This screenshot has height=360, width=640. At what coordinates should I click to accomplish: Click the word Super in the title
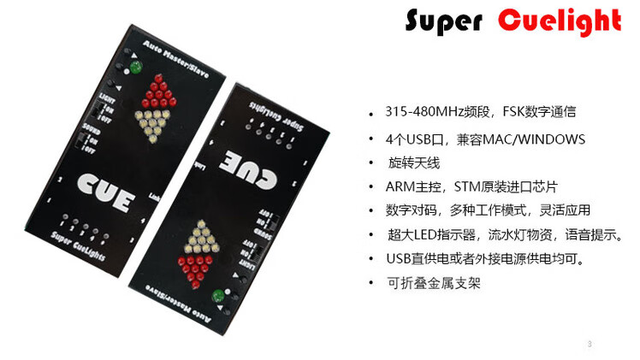[x=439, y=22]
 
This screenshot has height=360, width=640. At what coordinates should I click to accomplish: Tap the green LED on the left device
[x=134, y=67]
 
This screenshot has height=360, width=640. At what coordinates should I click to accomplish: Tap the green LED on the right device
[x=216, y=296]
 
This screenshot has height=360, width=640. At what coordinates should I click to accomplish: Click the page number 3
[x=590, y=344]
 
